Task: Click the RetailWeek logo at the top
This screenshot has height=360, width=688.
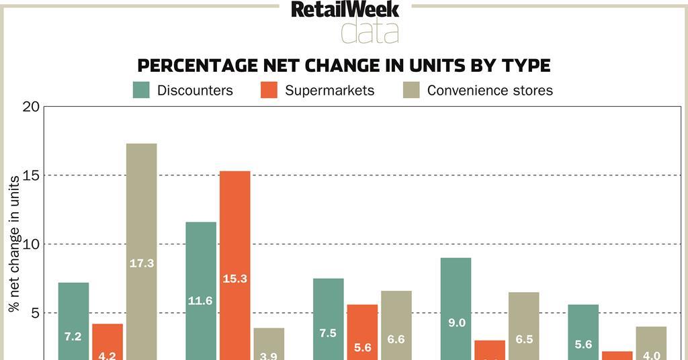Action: click(x=345, y=9)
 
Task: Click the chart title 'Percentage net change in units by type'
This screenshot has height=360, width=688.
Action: click(x=344, y=65)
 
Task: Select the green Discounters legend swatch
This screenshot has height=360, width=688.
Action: click(x=141, y=90)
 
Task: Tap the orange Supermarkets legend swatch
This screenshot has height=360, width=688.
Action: click(x=269, y=90)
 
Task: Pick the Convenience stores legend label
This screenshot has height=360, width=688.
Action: click(x=490, y=90)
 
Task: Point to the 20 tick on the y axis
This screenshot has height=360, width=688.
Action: click(x=32, y=107)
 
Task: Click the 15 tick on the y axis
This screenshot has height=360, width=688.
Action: click(x=32, y=176)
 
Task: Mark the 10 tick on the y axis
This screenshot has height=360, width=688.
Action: click(x=32, y=244)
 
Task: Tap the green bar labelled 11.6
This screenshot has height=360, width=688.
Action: click(x=201, y=289)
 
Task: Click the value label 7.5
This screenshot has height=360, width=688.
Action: click(x=329, y=333)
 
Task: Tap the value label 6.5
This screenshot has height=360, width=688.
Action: click(x=524, y=339)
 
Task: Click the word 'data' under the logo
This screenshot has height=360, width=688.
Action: click(x=370, y=31)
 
